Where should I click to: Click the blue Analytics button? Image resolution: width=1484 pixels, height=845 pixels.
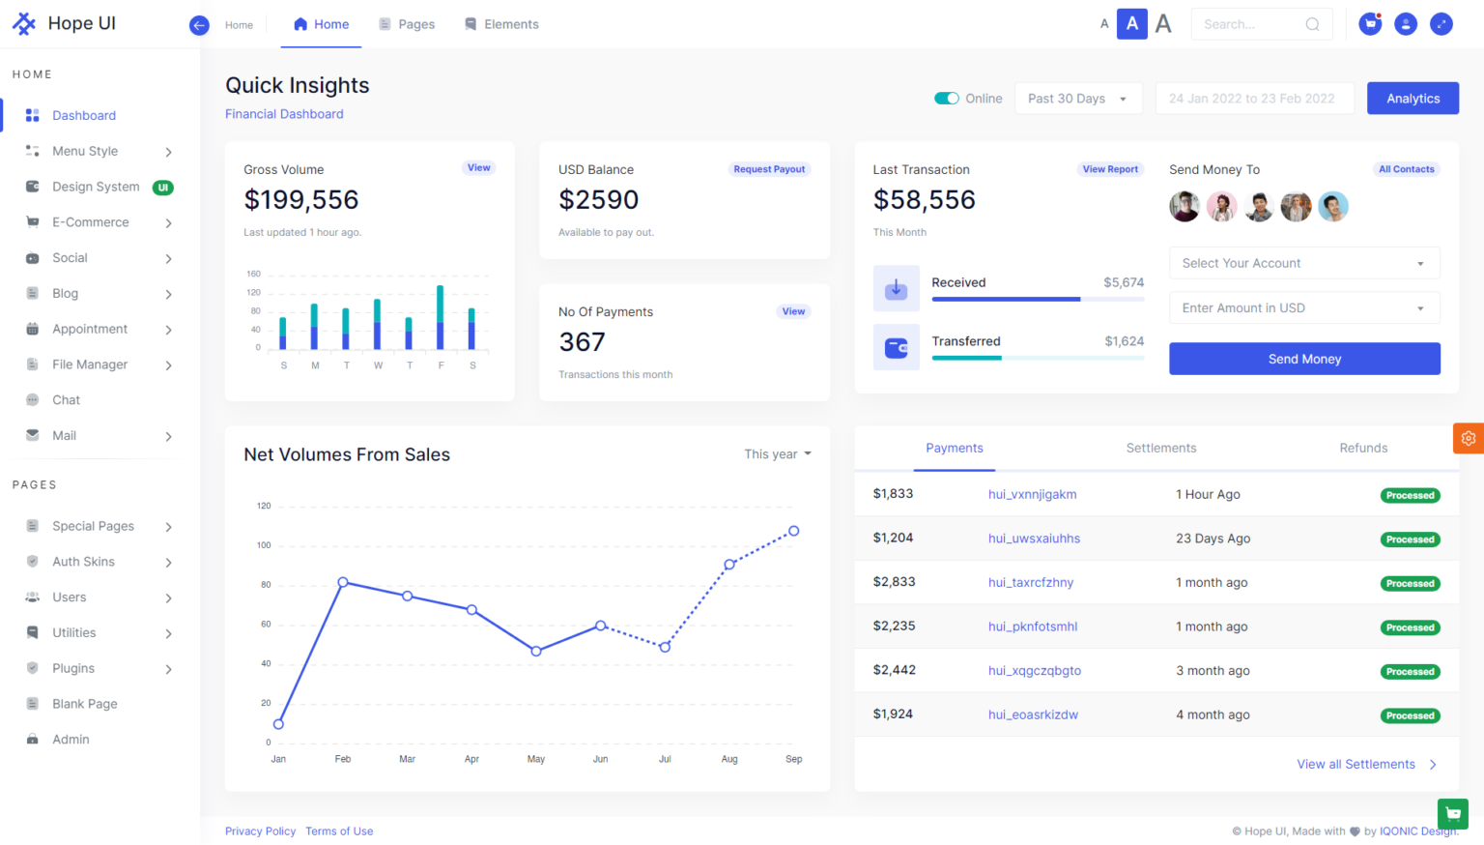1412,99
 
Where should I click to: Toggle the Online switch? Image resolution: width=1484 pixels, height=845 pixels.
946,99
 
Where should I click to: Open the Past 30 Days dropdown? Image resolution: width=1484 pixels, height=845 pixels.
1077,99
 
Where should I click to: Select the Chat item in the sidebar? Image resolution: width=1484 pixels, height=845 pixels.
66,400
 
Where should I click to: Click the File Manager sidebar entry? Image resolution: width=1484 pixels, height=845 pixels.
90,364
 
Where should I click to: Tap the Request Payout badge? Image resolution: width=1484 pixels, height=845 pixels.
768,169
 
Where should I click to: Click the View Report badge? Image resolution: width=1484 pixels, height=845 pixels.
1109,169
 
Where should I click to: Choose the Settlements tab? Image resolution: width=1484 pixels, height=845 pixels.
1160,449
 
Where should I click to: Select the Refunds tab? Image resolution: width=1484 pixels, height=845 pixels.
1362,449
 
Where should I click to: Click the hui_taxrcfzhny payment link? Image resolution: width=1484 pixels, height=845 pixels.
1030,583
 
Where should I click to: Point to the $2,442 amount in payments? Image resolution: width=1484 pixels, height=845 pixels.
894,670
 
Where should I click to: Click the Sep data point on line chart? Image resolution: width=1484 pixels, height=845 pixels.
793,531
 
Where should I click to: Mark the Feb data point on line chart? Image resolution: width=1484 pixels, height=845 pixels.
343,582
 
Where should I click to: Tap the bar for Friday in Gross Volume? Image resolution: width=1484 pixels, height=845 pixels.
441,317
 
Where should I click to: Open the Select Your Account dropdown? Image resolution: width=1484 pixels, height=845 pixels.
1303,263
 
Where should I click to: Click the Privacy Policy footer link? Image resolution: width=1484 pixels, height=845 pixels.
260,831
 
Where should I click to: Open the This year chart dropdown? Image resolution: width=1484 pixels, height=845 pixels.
777,454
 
